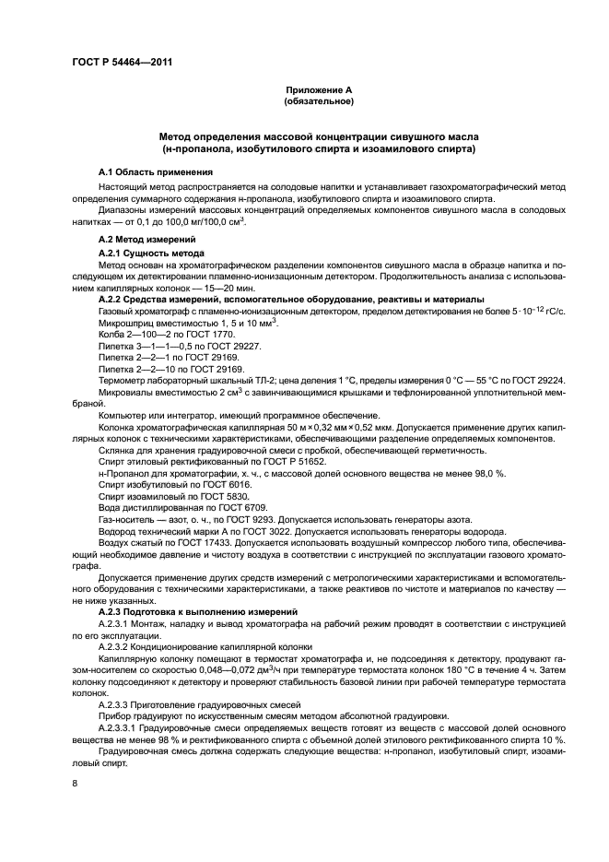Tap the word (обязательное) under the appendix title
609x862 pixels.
point(318,101)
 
